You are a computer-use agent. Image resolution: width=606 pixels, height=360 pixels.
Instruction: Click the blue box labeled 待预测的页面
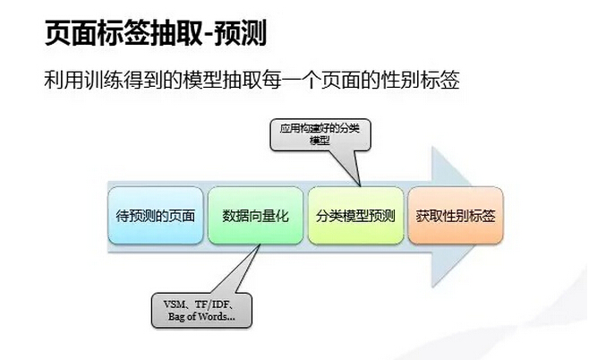[156, 216]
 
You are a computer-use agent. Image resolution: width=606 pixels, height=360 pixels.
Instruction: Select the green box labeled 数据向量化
[255, 216]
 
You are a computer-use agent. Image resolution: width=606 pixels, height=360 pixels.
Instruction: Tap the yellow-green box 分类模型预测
[355, 216]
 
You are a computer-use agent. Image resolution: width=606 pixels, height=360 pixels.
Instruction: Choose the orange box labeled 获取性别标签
[456, 216]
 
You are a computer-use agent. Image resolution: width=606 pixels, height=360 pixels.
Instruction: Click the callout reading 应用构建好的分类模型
[320, 135]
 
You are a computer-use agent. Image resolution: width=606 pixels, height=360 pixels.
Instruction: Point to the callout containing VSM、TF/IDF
[201, 311]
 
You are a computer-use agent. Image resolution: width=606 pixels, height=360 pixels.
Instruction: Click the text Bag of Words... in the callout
[201, 317]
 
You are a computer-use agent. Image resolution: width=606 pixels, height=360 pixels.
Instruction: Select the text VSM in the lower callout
[175, 304]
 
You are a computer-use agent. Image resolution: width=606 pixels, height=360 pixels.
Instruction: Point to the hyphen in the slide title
[208, 36]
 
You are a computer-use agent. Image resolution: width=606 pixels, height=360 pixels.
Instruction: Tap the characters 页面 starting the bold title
[71, 33]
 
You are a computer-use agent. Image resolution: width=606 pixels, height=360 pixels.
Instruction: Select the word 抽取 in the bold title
[175, 33]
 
